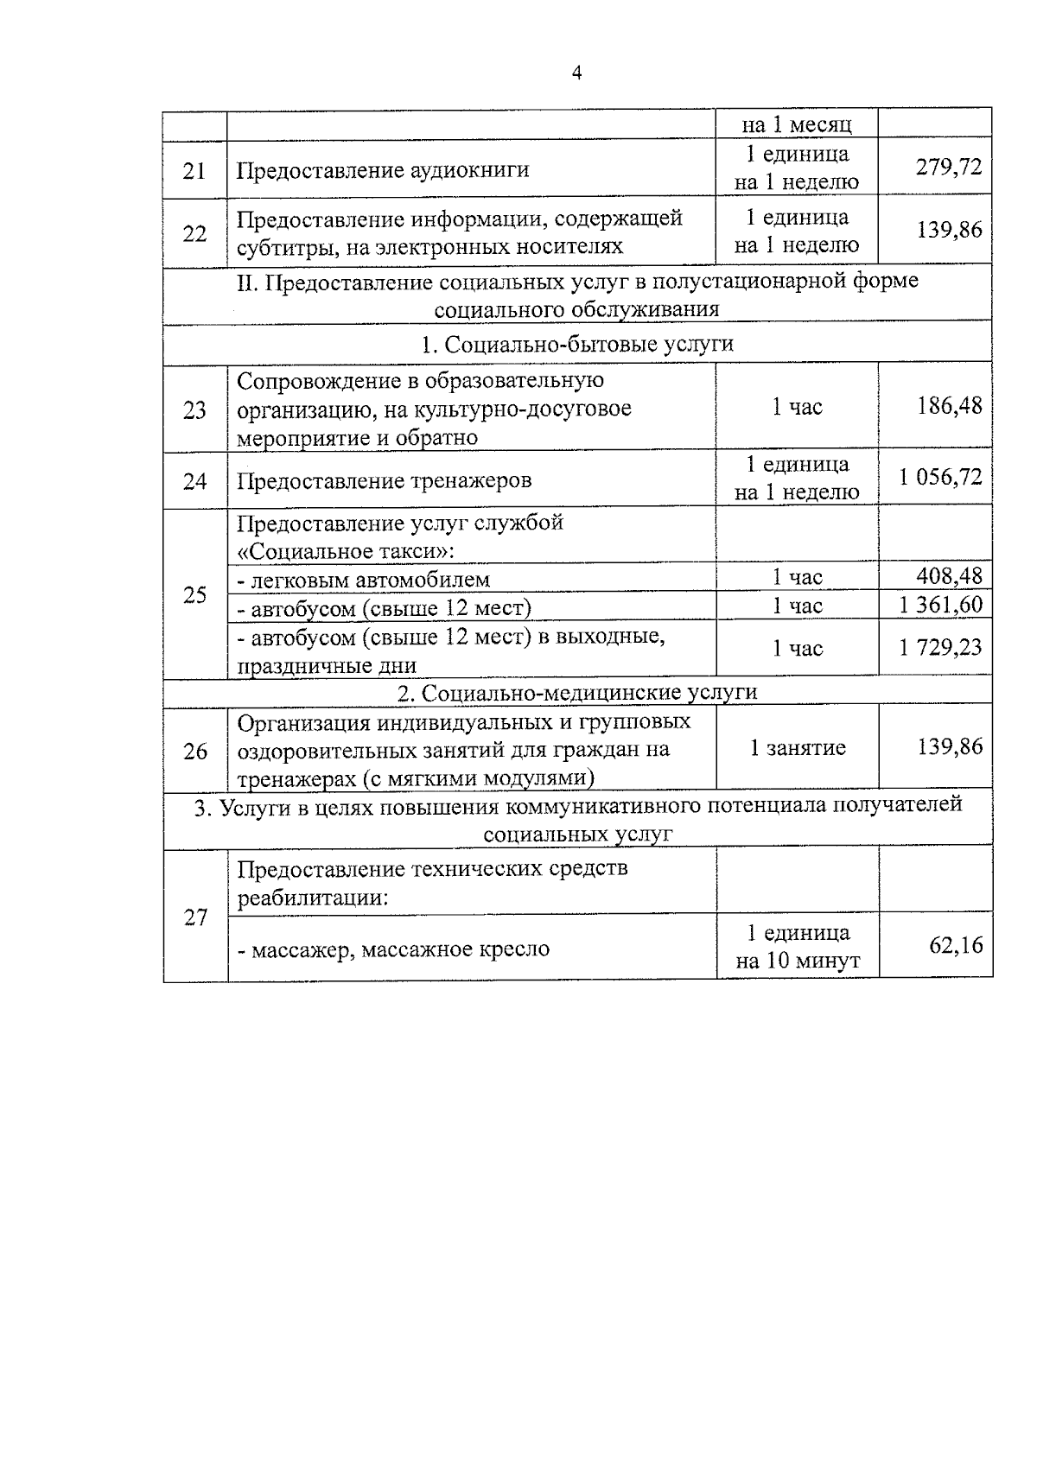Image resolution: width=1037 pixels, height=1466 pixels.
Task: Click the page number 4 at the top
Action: click(576, 73)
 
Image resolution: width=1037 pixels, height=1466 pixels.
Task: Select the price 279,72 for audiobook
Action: click(949, 167)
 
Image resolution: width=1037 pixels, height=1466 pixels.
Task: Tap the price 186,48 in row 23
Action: click(949, 405)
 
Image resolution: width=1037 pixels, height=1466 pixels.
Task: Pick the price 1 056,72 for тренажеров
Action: click(940, 477)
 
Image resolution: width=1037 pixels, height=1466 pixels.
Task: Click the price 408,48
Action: click(949, 575)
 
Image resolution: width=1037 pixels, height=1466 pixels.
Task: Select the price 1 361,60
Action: click(940, 605)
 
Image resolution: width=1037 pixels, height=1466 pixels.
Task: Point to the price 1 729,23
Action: click(940, 647)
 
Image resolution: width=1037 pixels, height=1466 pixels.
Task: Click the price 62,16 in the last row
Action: click(956, 945)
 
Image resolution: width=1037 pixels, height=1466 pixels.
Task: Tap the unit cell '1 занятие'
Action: click(797, 748)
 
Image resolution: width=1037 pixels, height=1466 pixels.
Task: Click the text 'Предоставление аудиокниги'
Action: click(383, 169)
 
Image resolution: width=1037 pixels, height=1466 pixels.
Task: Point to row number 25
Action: click(194, 594)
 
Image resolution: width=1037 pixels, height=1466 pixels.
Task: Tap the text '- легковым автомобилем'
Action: click(363, 580)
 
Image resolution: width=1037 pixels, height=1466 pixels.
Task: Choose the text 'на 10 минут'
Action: click(797, 961)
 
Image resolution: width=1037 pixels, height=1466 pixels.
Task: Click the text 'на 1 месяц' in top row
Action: click(797, 124)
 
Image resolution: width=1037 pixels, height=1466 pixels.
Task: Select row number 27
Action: click(195, 917)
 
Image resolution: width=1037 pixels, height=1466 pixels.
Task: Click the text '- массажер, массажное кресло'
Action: click(393, 949)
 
